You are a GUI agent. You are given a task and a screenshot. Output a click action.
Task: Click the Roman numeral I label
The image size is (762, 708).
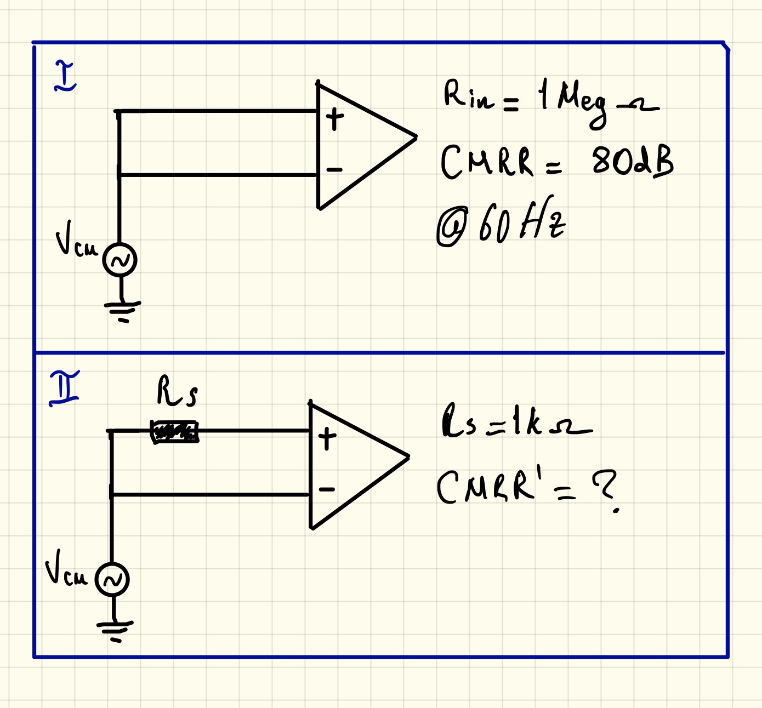coord(65,77)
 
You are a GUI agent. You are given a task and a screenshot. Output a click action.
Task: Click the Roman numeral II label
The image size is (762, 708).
coord(65,388)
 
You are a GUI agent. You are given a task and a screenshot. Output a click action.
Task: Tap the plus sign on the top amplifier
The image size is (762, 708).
coord(334,119)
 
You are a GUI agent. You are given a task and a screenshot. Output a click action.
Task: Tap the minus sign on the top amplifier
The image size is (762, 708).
coord(334,170)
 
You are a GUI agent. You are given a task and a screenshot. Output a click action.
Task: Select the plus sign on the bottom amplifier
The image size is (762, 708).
coord(327,439)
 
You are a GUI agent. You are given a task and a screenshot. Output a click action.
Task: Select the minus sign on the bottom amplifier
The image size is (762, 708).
coord(327,489)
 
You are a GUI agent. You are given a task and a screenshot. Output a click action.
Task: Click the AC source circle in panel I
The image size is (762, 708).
coord(120,260)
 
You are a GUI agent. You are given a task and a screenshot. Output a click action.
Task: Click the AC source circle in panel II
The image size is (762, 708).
coord(112,579)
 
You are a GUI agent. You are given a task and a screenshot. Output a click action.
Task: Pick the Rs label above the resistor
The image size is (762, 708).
coord(177,391)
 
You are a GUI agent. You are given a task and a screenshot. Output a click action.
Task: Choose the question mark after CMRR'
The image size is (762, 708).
coord(605,489)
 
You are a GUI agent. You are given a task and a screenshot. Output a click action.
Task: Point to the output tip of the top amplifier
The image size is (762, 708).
coord(416,136)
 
